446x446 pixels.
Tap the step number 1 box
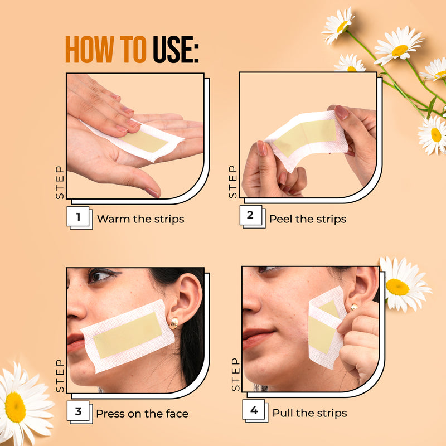coord(78,217)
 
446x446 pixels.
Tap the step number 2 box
coord(250,215)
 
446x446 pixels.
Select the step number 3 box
coord(78,411)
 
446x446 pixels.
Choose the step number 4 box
coord(254,411)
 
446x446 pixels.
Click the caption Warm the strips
coord(140,219)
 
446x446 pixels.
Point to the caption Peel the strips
coord(308,219)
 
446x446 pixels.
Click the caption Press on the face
coord(142,413)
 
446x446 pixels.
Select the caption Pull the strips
coord(309,413)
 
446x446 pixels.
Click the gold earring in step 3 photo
coord(174,323)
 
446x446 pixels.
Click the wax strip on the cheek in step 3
coord(128,334)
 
